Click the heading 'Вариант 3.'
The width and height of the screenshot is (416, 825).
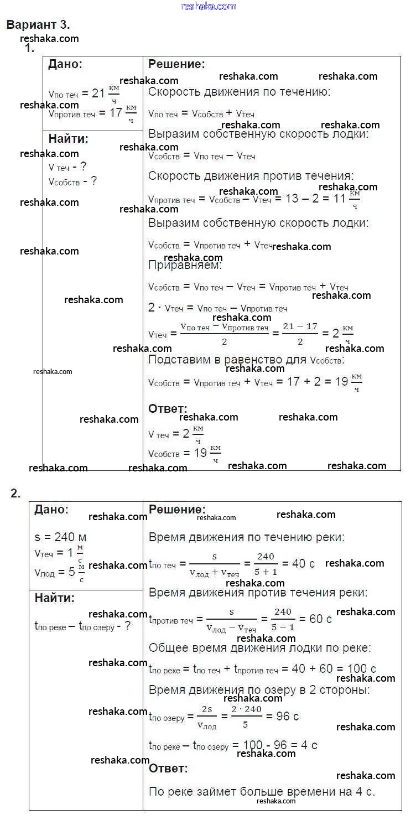click(38, 25)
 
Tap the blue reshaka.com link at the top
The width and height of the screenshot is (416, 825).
click(208, 6)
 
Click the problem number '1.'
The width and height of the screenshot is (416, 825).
click(29, 49)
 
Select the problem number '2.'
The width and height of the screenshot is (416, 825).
click(15, 494)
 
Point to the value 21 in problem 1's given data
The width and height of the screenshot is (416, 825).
click(98, 93)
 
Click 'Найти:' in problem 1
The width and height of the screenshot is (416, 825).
click(68, 138)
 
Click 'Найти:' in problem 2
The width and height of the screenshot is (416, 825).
click(54, 598)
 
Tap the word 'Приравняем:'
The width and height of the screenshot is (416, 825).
click(185, 265)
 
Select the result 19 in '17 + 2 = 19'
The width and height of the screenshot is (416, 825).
click(342, 382)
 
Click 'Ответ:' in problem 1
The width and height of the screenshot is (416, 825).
click(168, 408)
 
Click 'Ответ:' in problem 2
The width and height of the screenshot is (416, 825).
click(168, 768)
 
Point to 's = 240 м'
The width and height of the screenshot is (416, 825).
click(60, 537)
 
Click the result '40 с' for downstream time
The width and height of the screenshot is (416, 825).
click(303, 564)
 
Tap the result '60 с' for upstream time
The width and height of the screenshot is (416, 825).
click(320, 619)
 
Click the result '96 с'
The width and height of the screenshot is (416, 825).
click(287, 716)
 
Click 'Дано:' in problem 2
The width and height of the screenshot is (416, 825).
click(51, 509)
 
